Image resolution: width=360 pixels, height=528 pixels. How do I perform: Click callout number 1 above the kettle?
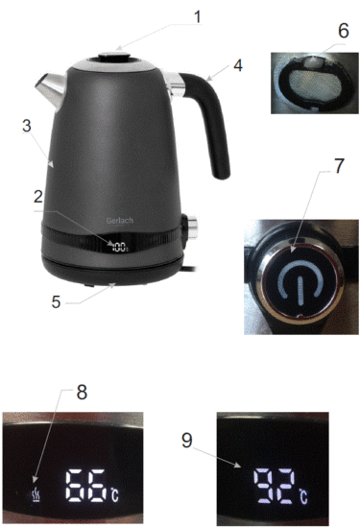click(x=199, y=16)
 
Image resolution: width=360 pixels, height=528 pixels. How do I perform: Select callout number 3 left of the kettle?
click(x=27, y=125)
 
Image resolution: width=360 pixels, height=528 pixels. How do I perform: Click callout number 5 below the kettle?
click(x=57, y=300)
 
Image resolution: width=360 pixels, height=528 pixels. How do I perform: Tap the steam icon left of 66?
click(x=36, y=493)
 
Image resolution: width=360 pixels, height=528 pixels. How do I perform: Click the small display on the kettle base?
click(x=120, y=247)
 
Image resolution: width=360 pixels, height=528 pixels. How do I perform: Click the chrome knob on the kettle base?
click(x=193, y=228)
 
